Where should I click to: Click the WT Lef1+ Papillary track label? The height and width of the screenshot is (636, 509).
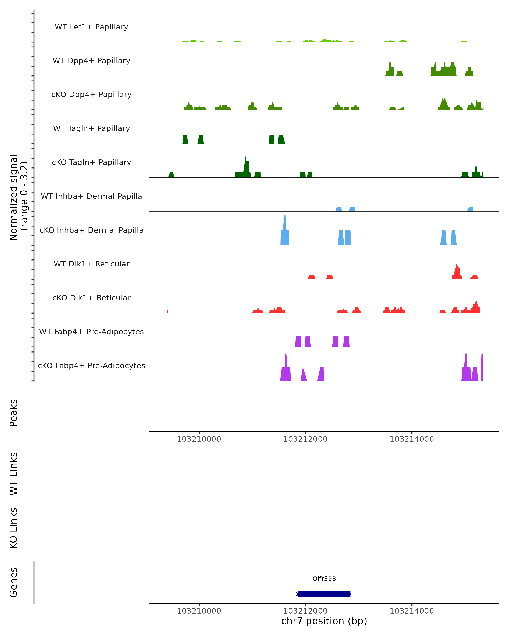click(x=91, y=27)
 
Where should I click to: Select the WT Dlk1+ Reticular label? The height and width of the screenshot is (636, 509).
click(x=91, y=264)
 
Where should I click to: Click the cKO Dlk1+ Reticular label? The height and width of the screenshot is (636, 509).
click(x=91, y=298)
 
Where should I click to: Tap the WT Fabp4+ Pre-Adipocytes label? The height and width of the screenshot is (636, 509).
click(x=91, y=332)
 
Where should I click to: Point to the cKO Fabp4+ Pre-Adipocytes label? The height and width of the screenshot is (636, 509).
click(x=91, y=365)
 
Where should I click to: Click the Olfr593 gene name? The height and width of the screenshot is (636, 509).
click(x=324, y=579)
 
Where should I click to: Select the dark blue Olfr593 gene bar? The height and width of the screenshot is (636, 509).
click(x=324, y=594)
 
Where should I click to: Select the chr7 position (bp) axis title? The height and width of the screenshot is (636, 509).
click(x=324, y=621)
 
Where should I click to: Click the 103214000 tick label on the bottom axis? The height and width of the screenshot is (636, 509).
click(x=412, y=611)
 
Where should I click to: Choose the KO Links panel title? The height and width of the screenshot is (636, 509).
click(x=14, y=528)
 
